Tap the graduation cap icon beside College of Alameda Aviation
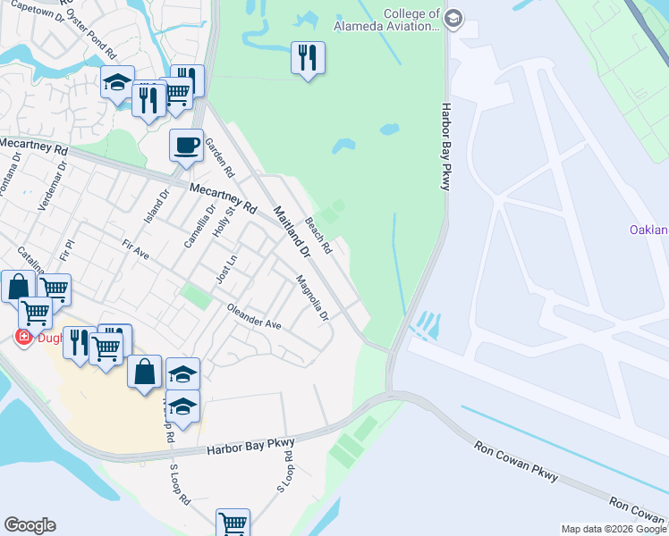(453, 18)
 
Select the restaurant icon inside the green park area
(308, 59)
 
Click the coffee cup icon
(186, 145)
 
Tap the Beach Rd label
(318, 234)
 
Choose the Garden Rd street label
(219, 157)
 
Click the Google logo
(30, 525)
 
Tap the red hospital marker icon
(22, 337)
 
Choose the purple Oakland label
(648, 230)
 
